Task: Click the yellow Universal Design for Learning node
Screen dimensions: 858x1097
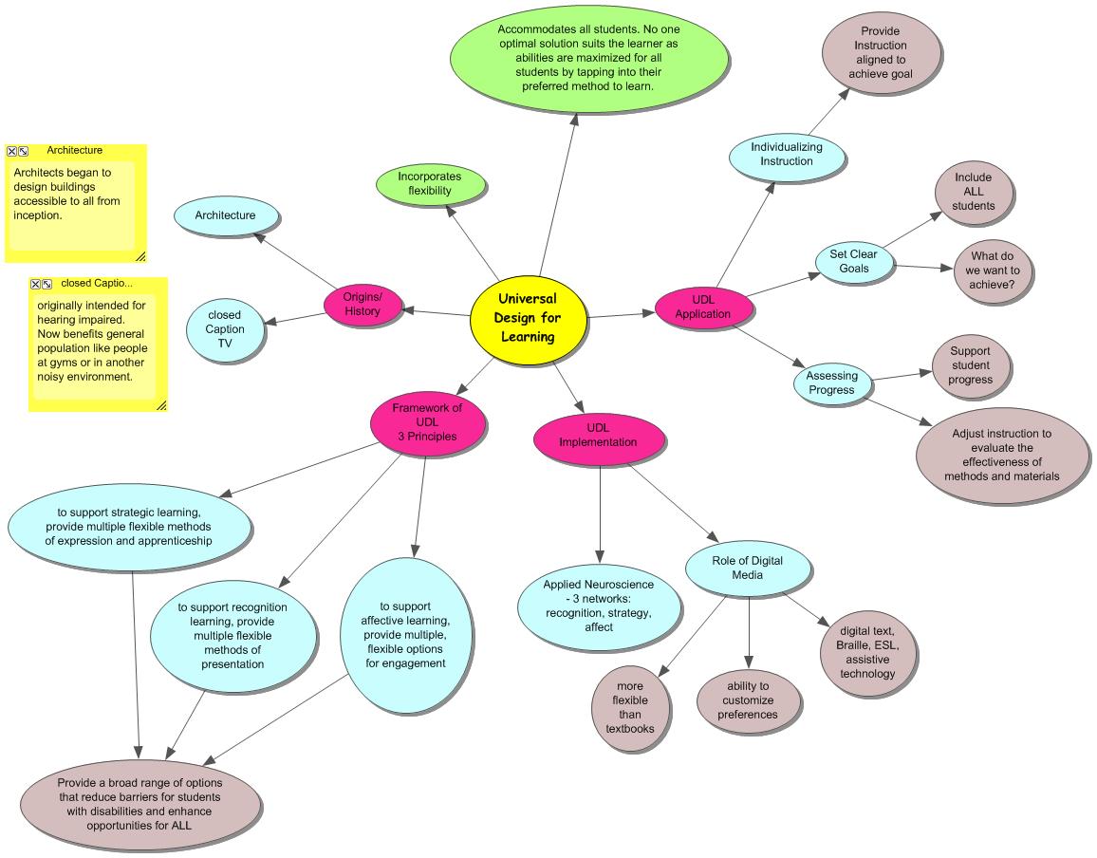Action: (x=526, y=318)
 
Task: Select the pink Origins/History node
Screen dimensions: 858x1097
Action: (x=362, y=304)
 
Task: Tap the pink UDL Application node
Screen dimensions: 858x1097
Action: (x=703, y=308)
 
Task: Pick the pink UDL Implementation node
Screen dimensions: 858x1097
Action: (x=597, y=436)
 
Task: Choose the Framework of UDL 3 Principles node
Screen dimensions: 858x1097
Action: (x=427, y=422)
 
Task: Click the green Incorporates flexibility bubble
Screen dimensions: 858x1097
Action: (x=430, y=183)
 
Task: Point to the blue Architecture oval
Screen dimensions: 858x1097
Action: (x=226, y=215)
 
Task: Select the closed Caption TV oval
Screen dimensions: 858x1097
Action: (x=225, y=329)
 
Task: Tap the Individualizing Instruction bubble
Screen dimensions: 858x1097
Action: (x=787, y=155)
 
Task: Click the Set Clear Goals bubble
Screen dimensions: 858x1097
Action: (x=854, y=261)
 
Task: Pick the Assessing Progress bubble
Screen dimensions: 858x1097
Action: (x=831, y=382)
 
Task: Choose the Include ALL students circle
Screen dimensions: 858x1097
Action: (x=973, y=192)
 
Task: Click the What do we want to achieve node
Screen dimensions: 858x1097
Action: (x=993, y=270)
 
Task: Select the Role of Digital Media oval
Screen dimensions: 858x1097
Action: (x=748, y=568)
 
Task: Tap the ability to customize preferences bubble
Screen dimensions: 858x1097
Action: (x=749, y=700)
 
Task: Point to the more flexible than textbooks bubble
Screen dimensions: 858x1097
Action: (x=630, y=707)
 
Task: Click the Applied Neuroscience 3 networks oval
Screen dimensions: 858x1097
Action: (x=599, y=606)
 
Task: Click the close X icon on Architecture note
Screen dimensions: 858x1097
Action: (x=11, y=151)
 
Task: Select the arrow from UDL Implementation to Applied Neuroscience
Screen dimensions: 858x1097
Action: (x=600, y=513)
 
